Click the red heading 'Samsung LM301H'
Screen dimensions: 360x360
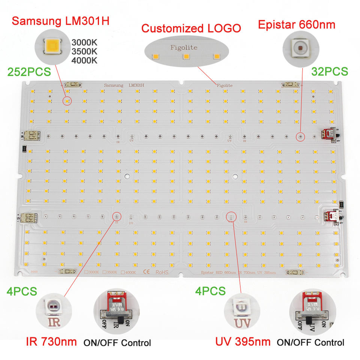tap(60, 20)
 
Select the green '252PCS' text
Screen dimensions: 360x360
tap(28, 72)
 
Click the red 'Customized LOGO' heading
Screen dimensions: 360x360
tap(191, 28)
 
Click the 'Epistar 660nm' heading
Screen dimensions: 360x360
tap(296, 25)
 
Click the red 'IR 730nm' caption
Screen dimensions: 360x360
tap(51, 341)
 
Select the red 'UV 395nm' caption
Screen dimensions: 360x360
tap(243, 342)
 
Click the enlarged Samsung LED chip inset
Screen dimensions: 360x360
tap(52, 46)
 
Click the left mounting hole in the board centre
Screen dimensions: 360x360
tap(127, 176)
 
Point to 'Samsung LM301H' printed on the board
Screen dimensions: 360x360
tap(126, 85)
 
